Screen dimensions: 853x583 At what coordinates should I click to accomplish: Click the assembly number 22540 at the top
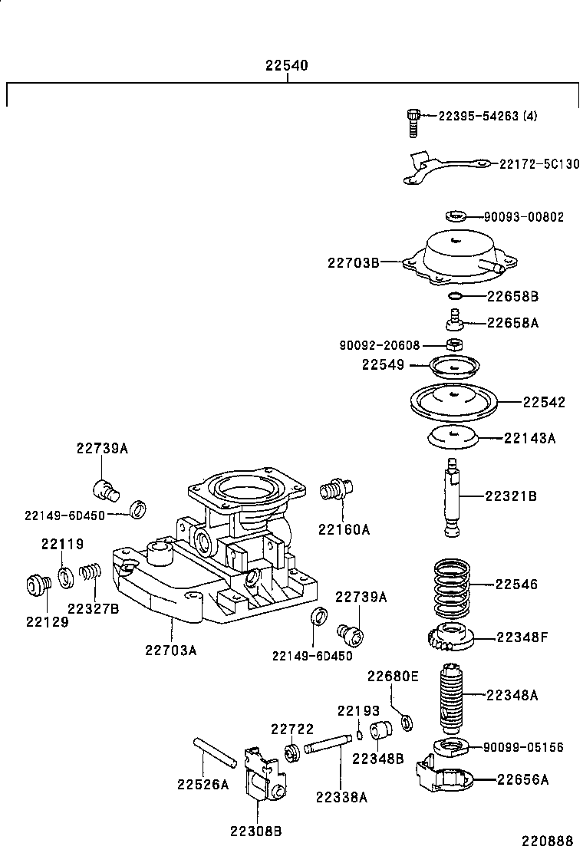pyautogui.click(x=286, y=66)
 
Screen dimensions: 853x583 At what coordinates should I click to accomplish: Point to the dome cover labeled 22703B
pyautogui.click(x=453, y=259)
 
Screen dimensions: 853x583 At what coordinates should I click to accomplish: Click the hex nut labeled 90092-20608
pyautogui.click(x=453, y=344)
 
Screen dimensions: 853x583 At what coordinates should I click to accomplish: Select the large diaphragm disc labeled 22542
pyautogui.click(x=453, y=401)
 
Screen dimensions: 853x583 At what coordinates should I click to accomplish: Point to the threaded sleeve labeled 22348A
pyautogui.click(x=453, y=697)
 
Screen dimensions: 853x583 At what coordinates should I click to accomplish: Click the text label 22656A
pyautogui.click(x=522, y=780)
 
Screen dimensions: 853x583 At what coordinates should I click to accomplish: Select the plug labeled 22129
pyautogui.click(x=37, y=585)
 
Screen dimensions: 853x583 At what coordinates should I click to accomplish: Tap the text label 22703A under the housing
pyautogui.click(x=171, y=650)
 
